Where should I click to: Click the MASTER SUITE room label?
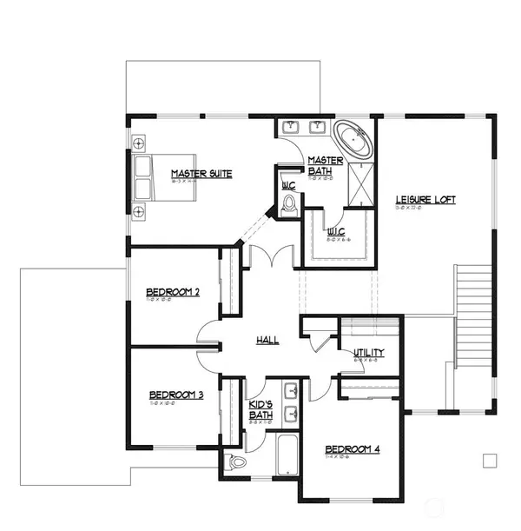(201, 174)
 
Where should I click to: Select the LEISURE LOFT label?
(425, 200)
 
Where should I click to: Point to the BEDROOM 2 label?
(173, 292)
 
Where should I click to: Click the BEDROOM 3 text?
(175, 395)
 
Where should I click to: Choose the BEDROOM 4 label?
(353, 449)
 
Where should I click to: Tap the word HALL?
(267, 340)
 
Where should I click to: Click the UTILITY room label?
(368, 353)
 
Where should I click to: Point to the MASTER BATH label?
(326, 165)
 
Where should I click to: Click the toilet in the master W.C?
(290, 204)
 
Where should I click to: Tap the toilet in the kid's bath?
(232, 461)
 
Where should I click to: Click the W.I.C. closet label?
(337, 232)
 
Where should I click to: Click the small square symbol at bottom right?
(490, 460)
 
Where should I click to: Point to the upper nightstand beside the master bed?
(139, 142)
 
